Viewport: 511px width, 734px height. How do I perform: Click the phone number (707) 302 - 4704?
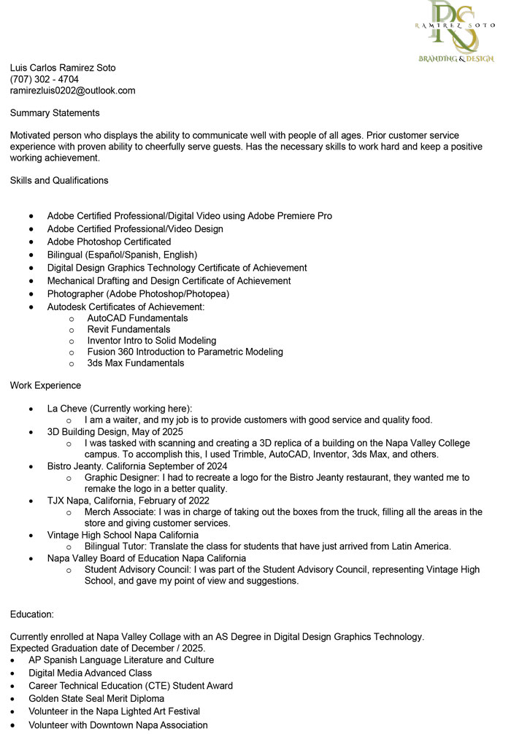(x=45, y=79)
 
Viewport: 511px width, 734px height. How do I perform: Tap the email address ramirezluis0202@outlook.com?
(x=72, y=90)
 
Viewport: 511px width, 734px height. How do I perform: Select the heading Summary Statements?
(x=55, y=113)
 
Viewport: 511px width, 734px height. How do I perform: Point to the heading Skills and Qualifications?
(x=59, y=180)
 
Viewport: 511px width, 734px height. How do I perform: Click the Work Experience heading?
(x=45, y=385)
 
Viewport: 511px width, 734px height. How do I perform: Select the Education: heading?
(x=32, y=615)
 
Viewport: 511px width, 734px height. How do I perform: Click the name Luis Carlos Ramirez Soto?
(x=63, y=68)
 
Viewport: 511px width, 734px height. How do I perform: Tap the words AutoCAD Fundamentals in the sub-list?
(x=137, y=318)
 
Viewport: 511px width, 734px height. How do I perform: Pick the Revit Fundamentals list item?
(x=128, y=329)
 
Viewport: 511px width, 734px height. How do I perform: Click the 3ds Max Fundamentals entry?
(x=136, y=363)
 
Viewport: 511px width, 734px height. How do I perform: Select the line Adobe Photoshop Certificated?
(x=109, y=242)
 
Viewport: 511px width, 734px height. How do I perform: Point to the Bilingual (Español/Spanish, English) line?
(x=122, y=255)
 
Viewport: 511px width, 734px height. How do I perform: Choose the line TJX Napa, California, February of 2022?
(x=128, y=501)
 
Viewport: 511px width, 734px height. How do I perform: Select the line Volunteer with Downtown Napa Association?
(x=118, y=725)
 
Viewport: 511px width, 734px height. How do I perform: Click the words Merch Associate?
(x=120, y=511)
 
